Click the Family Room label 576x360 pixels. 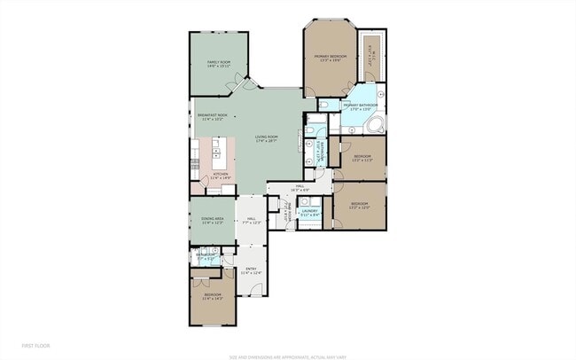click(x=218, y=64)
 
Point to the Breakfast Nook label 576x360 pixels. click(x=212, y=116)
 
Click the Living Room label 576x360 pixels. click(x=266, y=138)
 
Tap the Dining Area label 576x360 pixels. click(x=211, y=221)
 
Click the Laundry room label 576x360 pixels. click(x=308, y=212)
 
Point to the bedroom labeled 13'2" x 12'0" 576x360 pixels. click(x=359, y=206)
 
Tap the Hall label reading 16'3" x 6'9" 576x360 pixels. click(x=300, y=188)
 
